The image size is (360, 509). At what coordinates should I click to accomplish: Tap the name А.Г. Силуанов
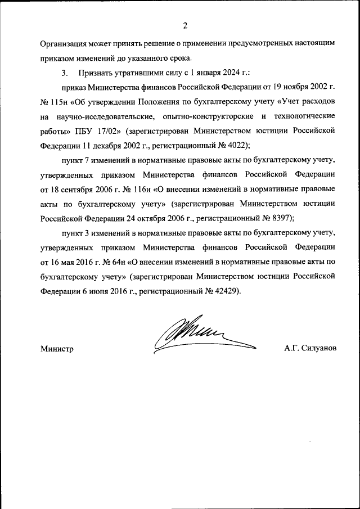(x=310, y=349)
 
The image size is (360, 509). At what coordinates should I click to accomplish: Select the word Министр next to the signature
(x=57, y=349)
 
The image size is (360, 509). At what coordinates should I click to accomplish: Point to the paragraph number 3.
(x=64, y=73)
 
